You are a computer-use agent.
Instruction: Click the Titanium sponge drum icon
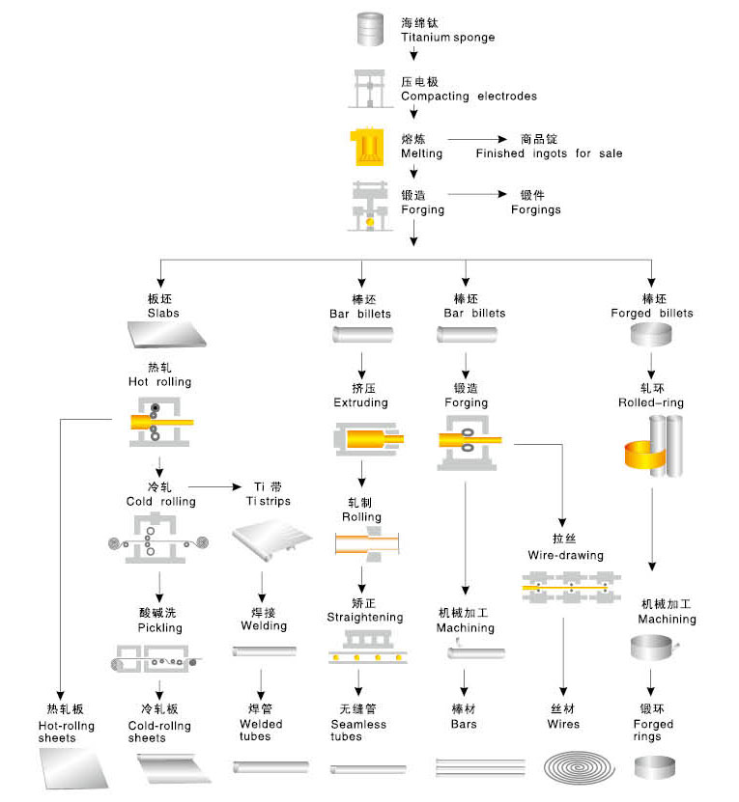pyautogui.click(x=370, y=29)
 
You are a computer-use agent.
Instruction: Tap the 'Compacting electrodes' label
pyautogui.click(x=469, y=97)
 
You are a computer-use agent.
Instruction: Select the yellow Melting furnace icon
pyautogui.click(x=367, y=147)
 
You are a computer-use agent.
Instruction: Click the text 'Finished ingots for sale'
pyautogui.click(x=549, y=153)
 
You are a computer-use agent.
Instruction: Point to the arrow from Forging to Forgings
pyautogui.click(x=477, y=194)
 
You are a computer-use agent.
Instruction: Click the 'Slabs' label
pyautogui.click(x=163, y=313)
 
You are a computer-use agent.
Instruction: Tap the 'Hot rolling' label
pyautogui.click(x=159, y=381)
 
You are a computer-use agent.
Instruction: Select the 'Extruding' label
pyautogui.click(x=360, y=403)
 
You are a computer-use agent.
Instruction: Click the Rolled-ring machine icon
pyautogui.click(x=653, y=446)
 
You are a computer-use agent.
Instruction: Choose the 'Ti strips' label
pyautogui.click(x=268, y=501)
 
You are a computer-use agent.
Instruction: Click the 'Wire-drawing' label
pyautogui.click(x=565, y=556)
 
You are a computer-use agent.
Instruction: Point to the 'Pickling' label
pyautogui.click(x=159, y=628)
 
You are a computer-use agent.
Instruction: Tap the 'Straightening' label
pyautogui.click(x=365, y=618)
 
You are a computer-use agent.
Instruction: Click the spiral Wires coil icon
pyautogui.click(x=579, y=768)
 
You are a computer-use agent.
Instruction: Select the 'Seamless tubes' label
pyautogui.click(x=358, y=731)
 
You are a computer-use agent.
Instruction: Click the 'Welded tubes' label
pyautogui.click(x=261, y=731)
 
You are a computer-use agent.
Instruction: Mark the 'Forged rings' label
pyautogui.click(x=653, y=731)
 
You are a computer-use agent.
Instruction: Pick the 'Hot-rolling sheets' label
pyautogui.click(x=66, y=732)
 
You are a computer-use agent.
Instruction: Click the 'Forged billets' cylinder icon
pyautogui.click(x=650, y=335)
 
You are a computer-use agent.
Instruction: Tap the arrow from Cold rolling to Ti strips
pyautogui.click(x=214, y=486)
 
